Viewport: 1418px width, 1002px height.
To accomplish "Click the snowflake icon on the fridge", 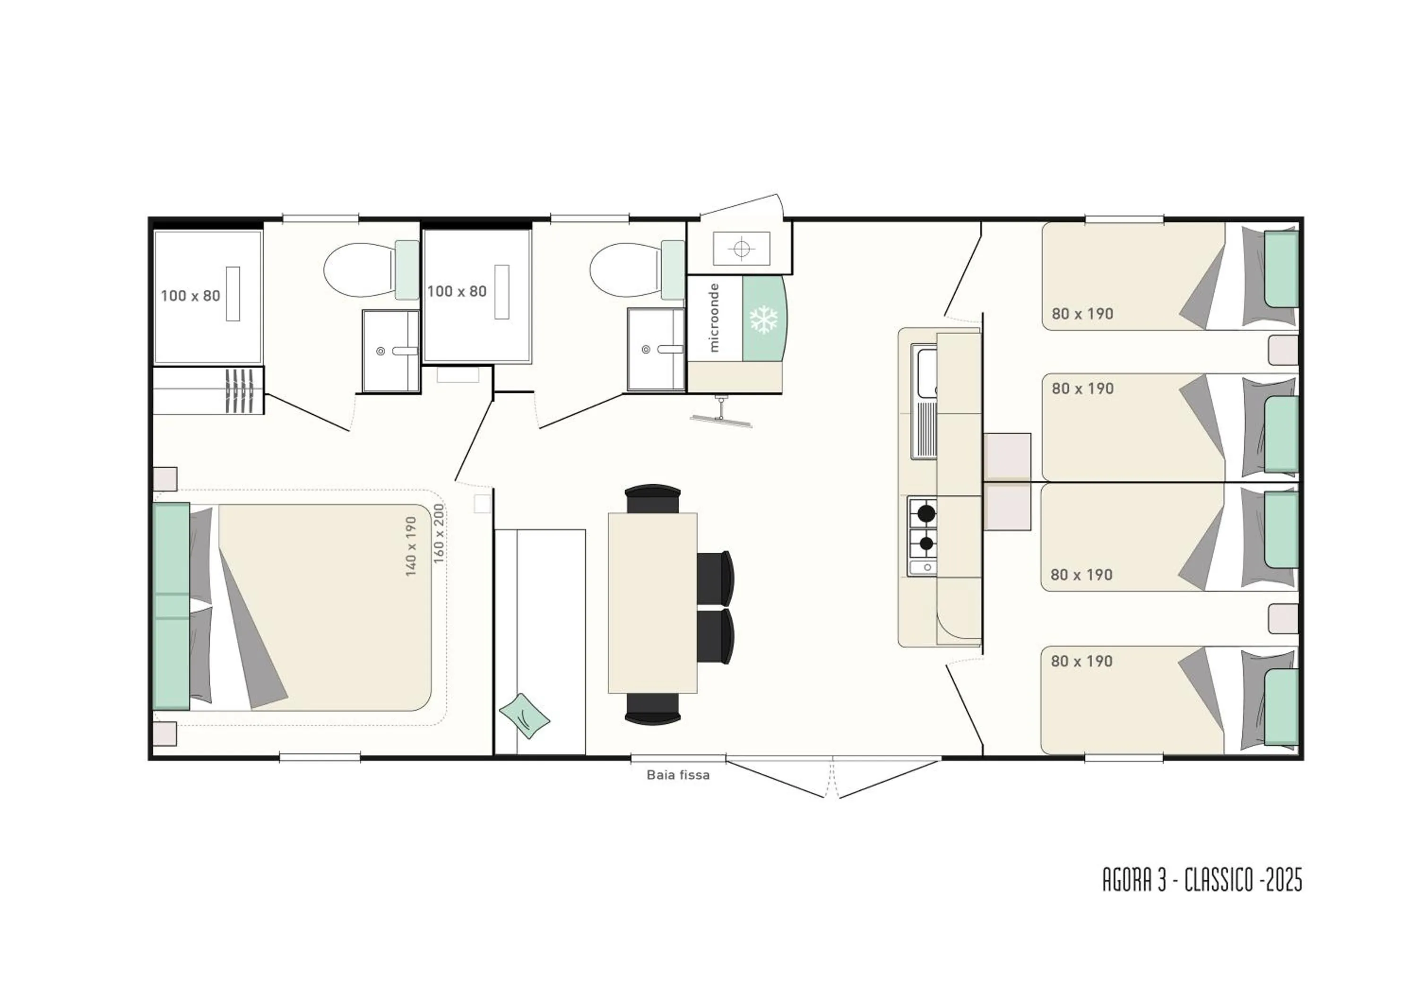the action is pyautogui.click(x=764, y=319).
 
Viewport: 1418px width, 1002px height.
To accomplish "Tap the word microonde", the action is pyautogui.click(x=715, y=317).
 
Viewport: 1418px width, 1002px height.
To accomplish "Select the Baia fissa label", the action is pyautogui.click(x=678, y=775).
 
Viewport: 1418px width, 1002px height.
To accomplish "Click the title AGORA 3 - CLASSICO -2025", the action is pyautogui.click(x=1202, y=880).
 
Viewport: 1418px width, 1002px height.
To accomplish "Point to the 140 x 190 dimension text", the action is pyautogui.click(x=411, y=546).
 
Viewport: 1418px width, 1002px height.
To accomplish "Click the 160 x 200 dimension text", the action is pyautogui.click(x=439, y=534).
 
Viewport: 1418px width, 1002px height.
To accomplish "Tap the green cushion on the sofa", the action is pyautogui.click(x=524, y=716).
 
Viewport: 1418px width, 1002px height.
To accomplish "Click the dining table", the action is pyautogui.click(x=653, y=603).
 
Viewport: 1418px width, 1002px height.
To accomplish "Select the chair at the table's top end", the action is pyautogui.click(x=653, y=498).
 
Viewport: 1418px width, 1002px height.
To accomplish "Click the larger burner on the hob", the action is pyautogui.click(x=926, y=513).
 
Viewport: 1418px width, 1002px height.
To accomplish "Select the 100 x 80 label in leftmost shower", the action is pyautogui.click(x=190, y=296).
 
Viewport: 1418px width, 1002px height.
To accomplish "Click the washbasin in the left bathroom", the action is pyautogui.click(x=391, y=351).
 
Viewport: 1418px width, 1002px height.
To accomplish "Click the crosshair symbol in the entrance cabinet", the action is pyautogui.click(x=742, y=248).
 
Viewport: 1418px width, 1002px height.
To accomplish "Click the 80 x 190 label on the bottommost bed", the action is pyautogui.click(x=1082, y=661).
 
